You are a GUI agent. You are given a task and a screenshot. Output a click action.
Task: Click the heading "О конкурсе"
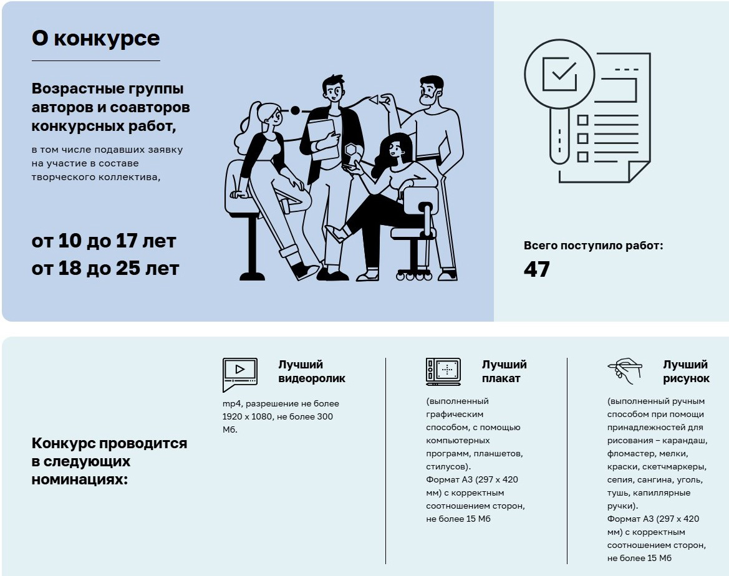coord(96,38)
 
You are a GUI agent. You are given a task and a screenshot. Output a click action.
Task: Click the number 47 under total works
coord(536,269)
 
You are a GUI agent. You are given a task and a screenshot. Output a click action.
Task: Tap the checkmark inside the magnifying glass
coord(562,72)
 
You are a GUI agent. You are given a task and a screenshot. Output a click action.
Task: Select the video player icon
coord(240,374)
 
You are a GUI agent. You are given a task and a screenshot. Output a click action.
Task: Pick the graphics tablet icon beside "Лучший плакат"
coord(443,372)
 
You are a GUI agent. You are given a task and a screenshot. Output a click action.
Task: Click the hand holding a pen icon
coord(625,371)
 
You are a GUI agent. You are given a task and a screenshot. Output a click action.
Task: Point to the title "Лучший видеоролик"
coord(312,372)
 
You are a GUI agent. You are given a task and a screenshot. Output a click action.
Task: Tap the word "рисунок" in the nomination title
coord(686,379)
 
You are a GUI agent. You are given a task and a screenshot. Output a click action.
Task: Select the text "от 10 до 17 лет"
coord(104,241)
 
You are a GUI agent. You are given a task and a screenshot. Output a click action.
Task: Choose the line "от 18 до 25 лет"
coord(105,268)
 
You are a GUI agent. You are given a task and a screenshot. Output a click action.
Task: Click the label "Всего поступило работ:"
coord(593,246)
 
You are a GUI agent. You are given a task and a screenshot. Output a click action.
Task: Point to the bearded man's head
coord(431,90)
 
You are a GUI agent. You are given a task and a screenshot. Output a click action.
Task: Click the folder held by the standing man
coord(323,140)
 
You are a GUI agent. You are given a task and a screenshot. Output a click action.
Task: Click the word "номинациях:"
coord(79,479)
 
